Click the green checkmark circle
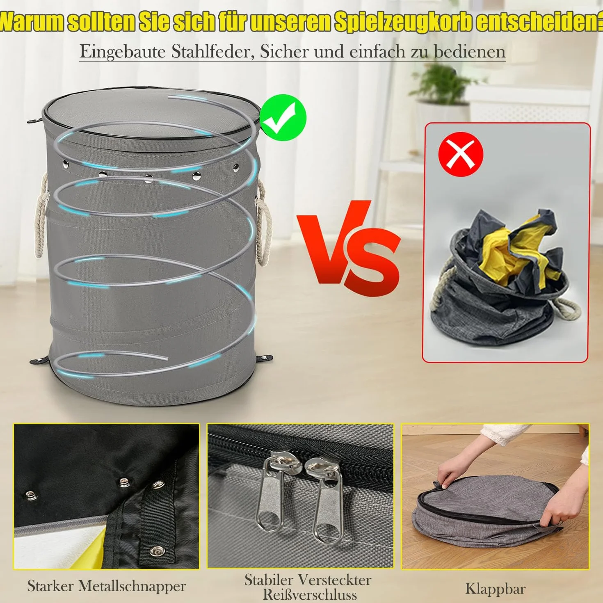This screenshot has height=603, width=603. [283, 118]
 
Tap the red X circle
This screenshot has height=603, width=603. [461, 154]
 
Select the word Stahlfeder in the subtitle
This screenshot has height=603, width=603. [212, 52]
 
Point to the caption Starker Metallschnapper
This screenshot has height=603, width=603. [107, 560]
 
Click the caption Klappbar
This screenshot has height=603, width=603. [495, 562]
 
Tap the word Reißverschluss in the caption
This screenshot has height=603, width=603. [309, 586]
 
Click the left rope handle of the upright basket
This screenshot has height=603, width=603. [41, 216]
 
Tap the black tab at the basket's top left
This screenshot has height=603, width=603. [35, 120]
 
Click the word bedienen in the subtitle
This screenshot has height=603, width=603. [469, 52]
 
